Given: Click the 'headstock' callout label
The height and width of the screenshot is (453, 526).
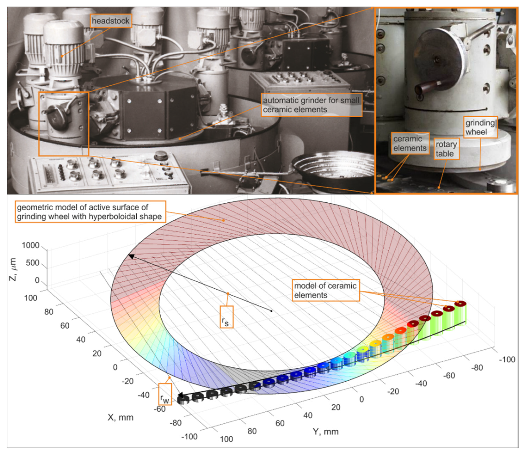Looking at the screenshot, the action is click(x=110, y=21).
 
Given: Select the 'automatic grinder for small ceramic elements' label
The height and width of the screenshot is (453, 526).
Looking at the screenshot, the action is click(x=312, y=105).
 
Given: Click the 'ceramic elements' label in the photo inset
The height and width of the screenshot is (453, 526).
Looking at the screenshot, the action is click(x=410, y=143).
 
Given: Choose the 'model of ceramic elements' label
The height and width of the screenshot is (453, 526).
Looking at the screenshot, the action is click(x=326, y=290).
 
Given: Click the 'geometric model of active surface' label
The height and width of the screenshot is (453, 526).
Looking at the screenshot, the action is click(x=90, y=212).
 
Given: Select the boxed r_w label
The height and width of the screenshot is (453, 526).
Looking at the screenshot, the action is click(x=165, y=394).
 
